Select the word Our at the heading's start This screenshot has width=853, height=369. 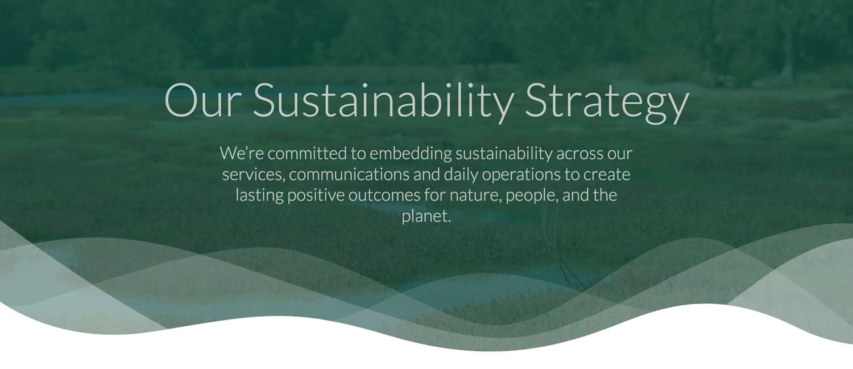pos(203,100)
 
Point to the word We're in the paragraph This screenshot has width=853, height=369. pos(242,153)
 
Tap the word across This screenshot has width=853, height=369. pos(579,154)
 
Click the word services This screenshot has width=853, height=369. pos(254,175)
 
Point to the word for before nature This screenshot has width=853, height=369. pos(435,195)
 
